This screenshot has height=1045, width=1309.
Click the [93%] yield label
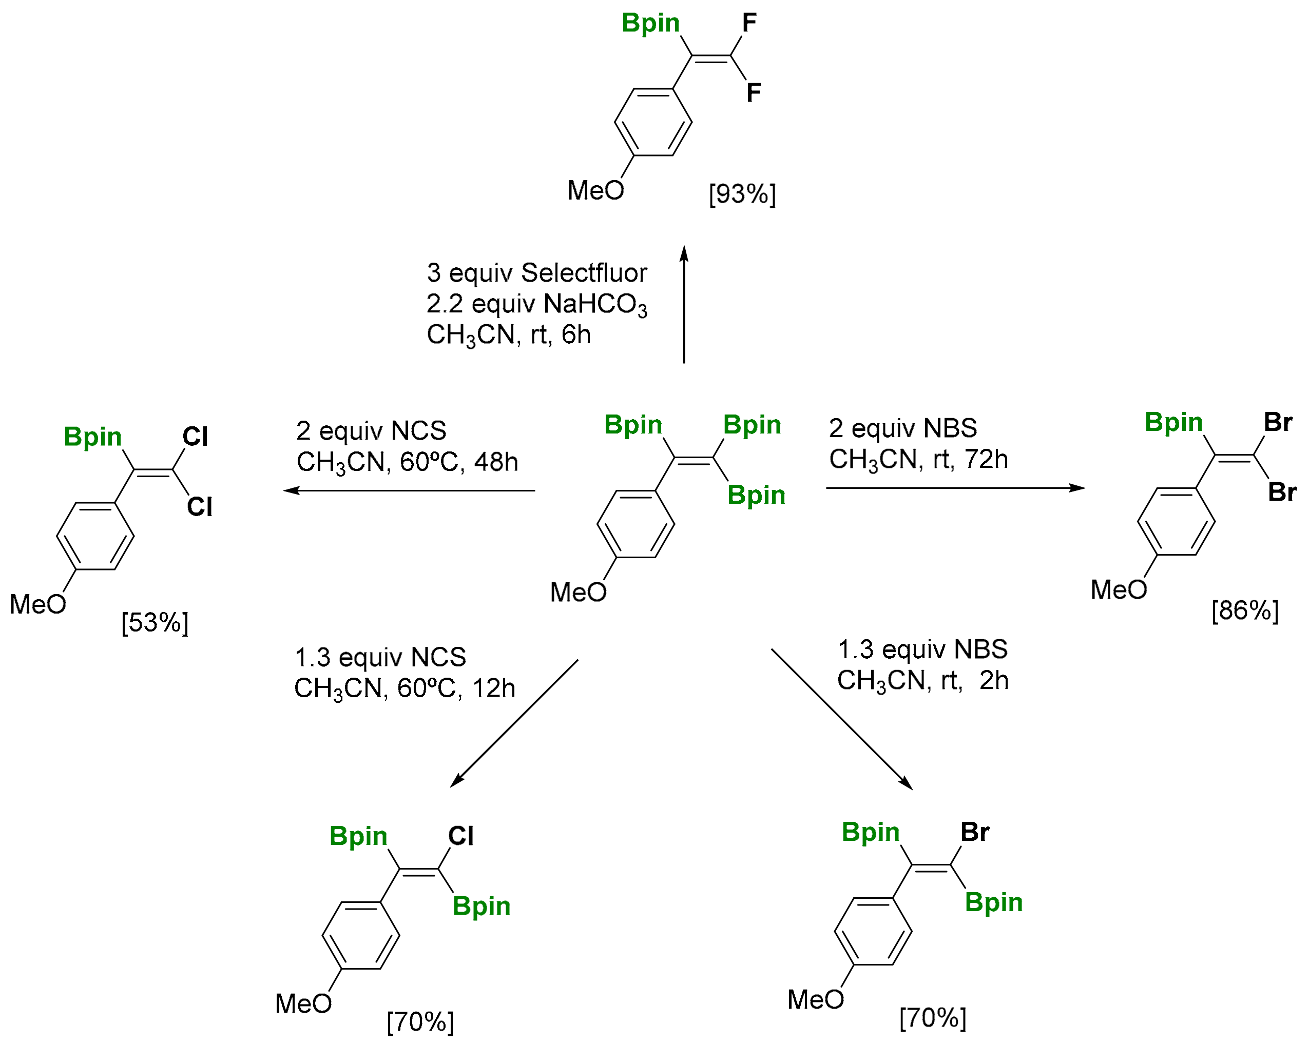click(742, 194)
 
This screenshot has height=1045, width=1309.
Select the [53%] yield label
click(155, 623)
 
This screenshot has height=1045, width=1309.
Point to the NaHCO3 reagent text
click(595, 305)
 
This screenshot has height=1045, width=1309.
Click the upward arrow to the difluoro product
click(684, 303)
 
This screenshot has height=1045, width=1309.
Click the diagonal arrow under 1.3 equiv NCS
click(514, 723)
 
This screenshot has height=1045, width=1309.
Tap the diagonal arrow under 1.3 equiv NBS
click(841, 719)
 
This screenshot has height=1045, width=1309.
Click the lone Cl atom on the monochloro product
click(460, 836)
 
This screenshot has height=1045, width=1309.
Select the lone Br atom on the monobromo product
click(974, 832)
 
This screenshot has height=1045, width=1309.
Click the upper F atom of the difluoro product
click(749, 23)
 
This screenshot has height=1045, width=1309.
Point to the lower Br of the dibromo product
click(1282, 492)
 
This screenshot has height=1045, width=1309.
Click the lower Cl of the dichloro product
click(199, 507)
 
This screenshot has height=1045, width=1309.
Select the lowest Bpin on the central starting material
click(756, 495)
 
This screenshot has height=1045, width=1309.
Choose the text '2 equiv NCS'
click(371, 431)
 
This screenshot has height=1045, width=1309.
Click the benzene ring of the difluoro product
click(652, 122)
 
